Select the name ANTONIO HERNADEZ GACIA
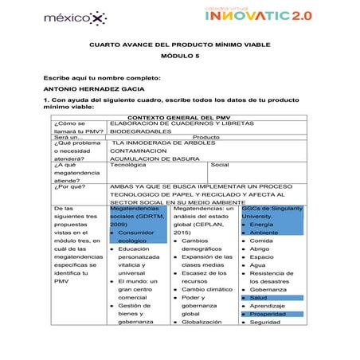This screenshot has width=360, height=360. tap(94, 88)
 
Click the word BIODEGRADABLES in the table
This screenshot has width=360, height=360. tap(140, 131)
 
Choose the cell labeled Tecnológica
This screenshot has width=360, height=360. tap(128, 165)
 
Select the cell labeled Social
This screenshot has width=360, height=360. tap(220, 165)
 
